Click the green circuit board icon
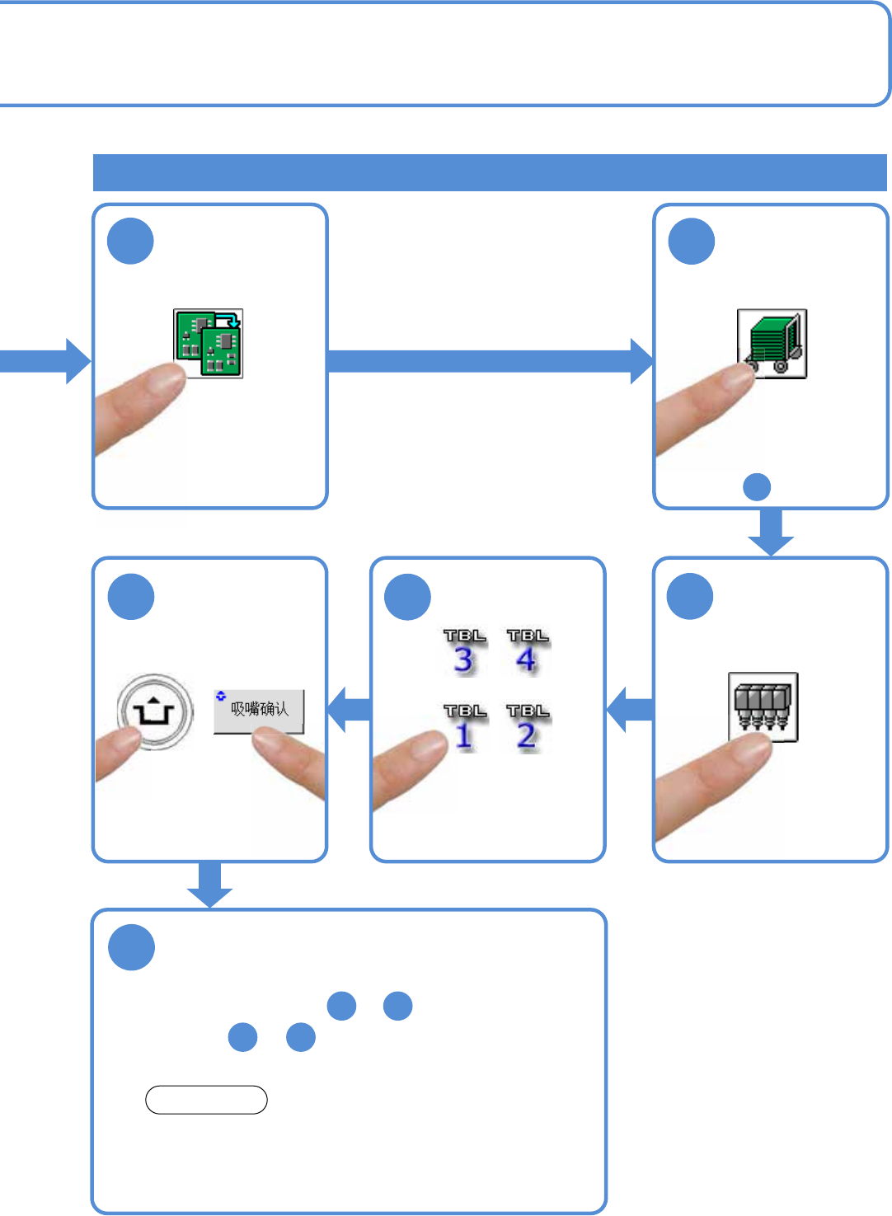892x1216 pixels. click(208, 343)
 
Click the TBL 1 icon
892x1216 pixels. click(464, 726)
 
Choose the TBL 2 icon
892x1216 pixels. click(528, 726)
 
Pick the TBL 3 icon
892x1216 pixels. click(464, 652)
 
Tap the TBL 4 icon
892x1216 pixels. click(528, 652)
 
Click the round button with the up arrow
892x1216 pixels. click(155, 711)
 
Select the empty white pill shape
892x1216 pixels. click(206, 1100)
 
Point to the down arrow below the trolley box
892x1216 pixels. click(771, 533)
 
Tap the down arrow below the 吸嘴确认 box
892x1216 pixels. click(209, 885)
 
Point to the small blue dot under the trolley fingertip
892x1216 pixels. click(757, 487)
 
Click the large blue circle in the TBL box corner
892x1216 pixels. click(408, 596)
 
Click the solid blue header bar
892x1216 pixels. click(490, 172)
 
